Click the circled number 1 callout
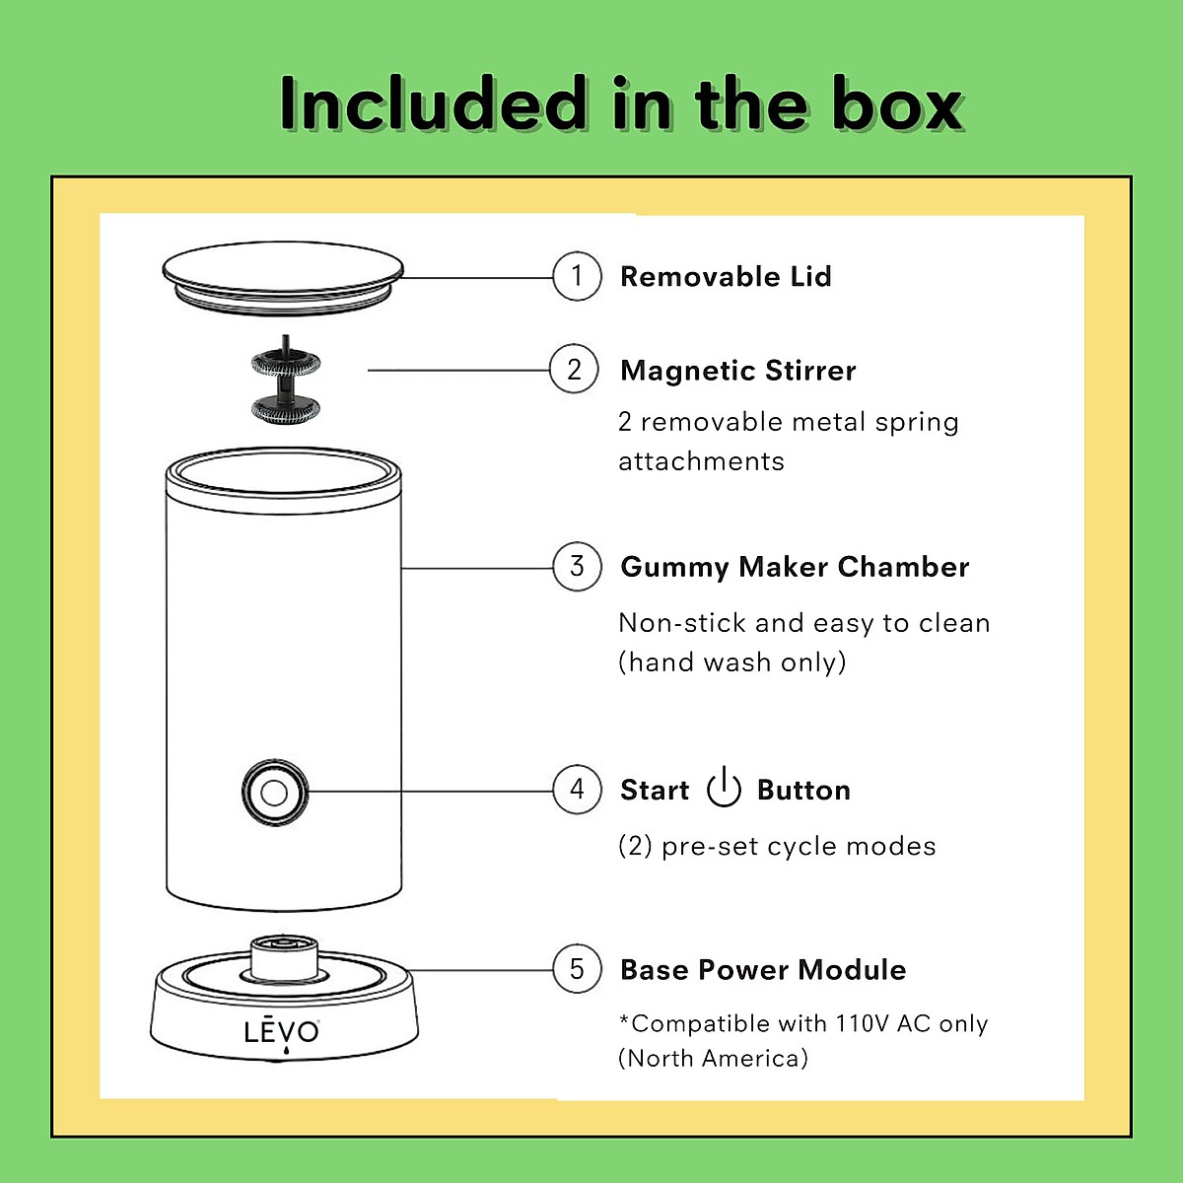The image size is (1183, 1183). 577,276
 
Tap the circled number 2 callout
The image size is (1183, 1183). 574,370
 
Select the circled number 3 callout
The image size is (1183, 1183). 577,567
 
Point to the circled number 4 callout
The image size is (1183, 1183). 577,790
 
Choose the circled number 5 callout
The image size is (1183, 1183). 577,969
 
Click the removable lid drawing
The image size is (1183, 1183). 284,280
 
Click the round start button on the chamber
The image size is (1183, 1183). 275,792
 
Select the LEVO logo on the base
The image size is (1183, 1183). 282,1032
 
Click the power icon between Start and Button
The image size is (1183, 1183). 724,788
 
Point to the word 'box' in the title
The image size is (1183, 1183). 897,104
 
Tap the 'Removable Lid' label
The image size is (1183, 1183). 726,277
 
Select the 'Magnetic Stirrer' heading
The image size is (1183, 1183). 737,371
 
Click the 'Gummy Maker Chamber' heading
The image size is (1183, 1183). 795,567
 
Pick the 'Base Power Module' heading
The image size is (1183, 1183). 763,970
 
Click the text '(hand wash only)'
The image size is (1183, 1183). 732,661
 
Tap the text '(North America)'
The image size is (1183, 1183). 713,1059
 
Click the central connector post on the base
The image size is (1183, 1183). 284,956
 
